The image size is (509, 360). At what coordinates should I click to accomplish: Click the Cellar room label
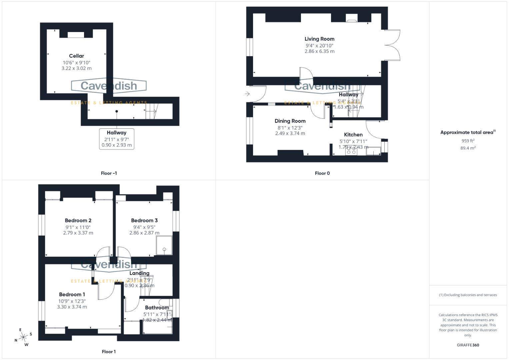tap(76, 56)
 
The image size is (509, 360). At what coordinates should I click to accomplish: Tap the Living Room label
tap(319, 39)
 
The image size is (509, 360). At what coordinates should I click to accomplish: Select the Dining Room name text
tap(290, 121)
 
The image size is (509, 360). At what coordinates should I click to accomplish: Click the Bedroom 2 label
tap(78, 220)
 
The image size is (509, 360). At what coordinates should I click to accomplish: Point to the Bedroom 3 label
tap(144, 220)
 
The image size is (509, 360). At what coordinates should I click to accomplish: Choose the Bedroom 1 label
tap(72, 294)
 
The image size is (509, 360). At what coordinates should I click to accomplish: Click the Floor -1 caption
tap(109, 173)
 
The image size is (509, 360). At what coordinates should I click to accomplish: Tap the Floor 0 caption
tap(322, 173)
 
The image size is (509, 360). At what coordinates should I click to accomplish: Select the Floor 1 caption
tap(109, 352)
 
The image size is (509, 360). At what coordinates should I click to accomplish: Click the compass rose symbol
tap(23, 337)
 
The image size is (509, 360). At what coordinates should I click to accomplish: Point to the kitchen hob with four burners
tap(351, 151)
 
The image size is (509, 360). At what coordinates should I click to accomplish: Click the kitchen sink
tap(373, 151)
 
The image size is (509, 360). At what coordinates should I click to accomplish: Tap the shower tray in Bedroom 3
tap(164, 245)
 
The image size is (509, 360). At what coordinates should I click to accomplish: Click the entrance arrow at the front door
tap(247, 94)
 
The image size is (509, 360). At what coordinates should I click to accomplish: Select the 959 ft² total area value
tap(468, 141)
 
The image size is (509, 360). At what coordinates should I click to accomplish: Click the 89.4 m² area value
tap(468, 148)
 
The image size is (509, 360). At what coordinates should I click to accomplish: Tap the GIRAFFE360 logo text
tap(468, 345)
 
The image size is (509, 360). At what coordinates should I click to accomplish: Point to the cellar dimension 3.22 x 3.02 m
tap(76, 68)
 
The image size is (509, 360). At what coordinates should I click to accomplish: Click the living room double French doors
tap(393, 45)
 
